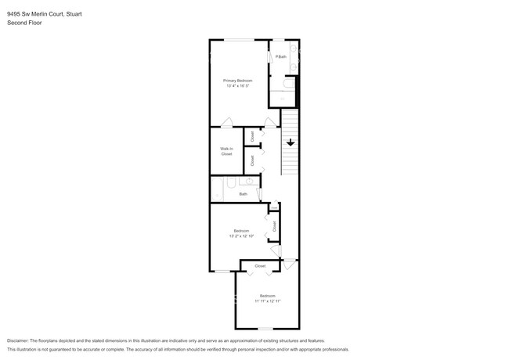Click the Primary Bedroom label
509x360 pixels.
pos(237,81)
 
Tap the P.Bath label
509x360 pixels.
pos(281,56)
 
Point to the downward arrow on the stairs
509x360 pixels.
pos(291,142)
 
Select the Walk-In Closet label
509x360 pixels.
pos(226,151)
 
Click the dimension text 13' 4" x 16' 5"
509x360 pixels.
pos(237,86)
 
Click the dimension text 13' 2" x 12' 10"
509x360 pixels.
pos(241,236)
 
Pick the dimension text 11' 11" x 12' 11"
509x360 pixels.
pos(268,301)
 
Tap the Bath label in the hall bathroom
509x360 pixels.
pos(243,194)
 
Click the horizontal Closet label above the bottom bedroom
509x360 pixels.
pos(260,266)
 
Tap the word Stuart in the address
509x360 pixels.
pos(77,13)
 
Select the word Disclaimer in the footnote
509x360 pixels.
pos(17,341)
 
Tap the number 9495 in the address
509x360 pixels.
pos(14,13)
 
